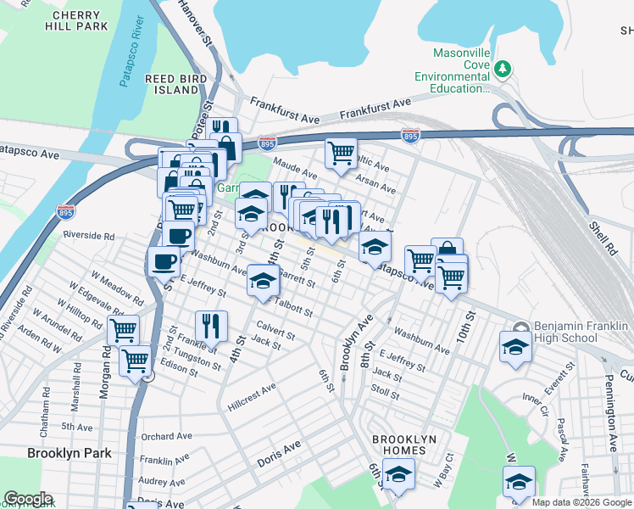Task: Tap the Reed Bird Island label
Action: [171, 84]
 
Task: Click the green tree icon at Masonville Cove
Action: [503, 67]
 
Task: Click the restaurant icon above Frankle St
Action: [211, 325]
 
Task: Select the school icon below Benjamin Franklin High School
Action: [514, 346]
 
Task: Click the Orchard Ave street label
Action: [168, 437]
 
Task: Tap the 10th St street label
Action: [465, 325]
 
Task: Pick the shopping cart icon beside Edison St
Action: [135, 360]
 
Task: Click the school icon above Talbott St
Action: [264, 279]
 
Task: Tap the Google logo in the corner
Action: [28, 499]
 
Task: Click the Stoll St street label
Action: [385, 389]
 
